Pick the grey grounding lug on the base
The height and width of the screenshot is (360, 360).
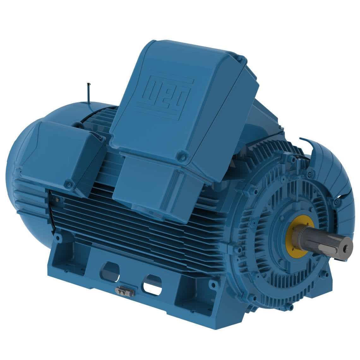pos(124,291)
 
